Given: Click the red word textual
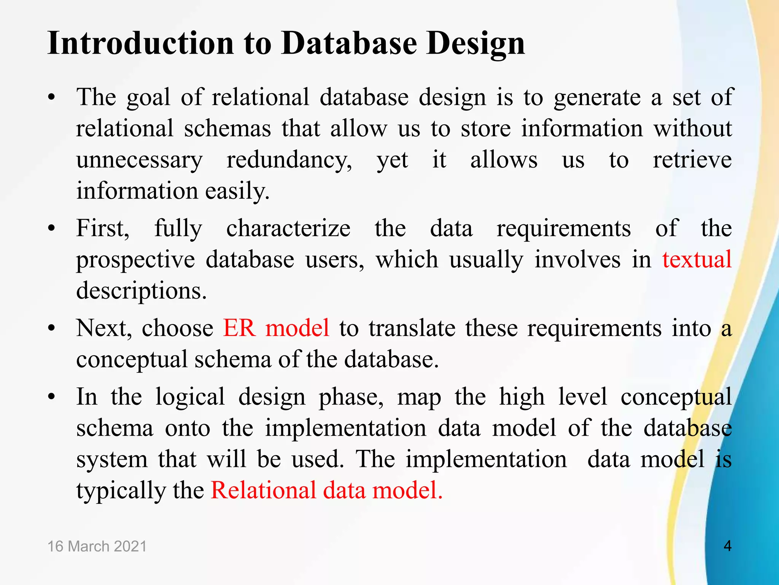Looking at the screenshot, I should (x=697, y=259).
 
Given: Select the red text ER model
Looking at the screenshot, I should (x=276, y=328).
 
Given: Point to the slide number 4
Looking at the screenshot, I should (x=727, y=546).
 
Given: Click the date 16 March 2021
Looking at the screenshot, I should (x=97, y=546).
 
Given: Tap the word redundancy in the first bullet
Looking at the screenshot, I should (x=289, y=160).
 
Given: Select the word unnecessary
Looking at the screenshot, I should (x=139, y=161).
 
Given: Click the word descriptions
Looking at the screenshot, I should (x=141, y=291).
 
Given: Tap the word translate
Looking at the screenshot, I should (x=412, y=328).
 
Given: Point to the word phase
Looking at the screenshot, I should (x=351, y=397).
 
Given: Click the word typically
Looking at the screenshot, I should (x=121, y=491).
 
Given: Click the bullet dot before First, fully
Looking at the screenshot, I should (x=52, y=229).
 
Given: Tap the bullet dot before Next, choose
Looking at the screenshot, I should (x=52, y=328).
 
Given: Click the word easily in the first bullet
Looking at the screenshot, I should (x=237, y=191).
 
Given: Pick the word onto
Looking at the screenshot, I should (x=187, y=428).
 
